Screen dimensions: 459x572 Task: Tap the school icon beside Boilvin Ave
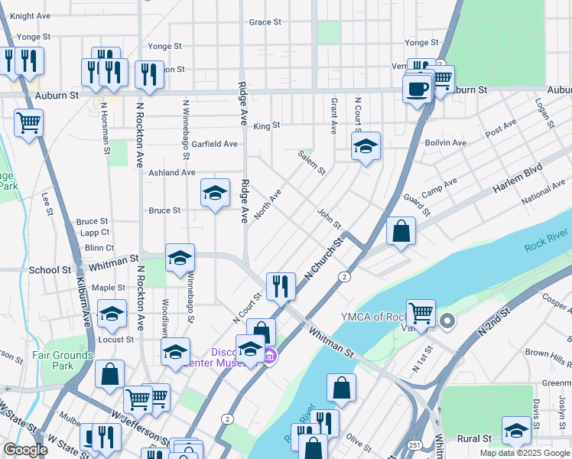coord(366,146)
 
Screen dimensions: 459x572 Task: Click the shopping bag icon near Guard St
coord(401,230)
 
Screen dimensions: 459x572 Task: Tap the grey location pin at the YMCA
coord(448,321)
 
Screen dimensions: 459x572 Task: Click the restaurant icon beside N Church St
coord(281,286)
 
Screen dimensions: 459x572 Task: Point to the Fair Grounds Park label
coord(63,360)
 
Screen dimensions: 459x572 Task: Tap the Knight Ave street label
coord(31,15)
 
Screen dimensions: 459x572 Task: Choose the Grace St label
coord(265,22)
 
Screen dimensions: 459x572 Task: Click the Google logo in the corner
coord(25,450)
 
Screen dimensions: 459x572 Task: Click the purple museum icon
coord(270,356)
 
